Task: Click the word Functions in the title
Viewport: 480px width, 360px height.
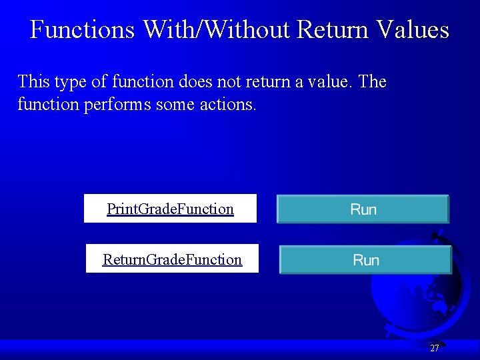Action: (x=83, y=30)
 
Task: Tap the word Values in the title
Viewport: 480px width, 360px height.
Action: (x=413, y=30)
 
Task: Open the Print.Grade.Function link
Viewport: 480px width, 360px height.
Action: (x=170, y=209)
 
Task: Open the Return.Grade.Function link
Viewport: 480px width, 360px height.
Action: (x=172, y=259)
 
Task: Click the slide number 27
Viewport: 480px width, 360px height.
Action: (x=435, y=348)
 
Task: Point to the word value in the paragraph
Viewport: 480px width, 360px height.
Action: (x=330, y=82)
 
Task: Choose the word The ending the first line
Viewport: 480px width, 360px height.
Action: (x=372, y=82)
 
